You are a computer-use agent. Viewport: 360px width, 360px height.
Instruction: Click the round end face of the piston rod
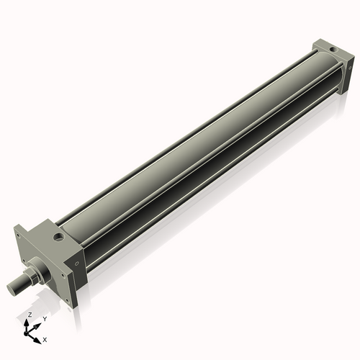pos(12,288)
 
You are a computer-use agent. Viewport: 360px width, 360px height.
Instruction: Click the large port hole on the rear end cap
pos(330,50)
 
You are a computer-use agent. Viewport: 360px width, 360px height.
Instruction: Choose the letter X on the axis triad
pos(45,338)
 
